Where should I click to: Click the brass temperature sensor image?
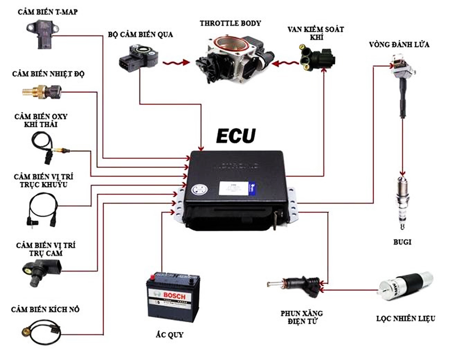41,92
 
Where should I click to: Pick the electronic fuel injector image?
294,284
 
